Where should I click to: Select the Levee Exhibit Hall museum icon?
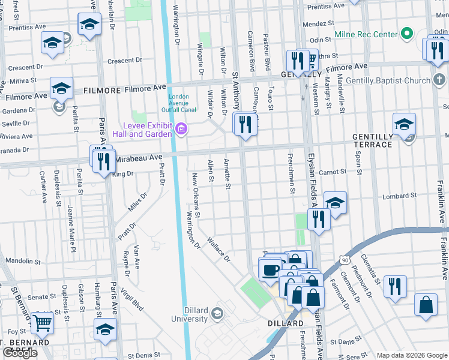(181, 129)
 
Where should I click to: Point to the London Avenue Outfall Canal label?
(178, 103)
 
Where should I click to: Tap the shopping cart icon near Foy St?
(42, 323)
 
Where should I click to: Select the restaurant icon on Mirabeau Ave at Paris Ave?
(103, 160)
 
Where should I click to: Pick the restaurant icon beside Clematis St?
(395, 286)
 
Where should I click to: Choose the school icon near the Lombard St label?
(335, 203)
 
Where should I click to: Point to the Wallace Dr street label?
(218, 250)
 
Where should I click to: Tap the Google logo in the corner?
(19, 353)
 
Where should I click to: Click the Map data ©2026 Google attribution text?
(411, 355)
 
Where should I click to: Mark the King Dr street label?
(122, 174)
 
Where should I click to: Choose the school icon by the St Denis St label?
(105, 329)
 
